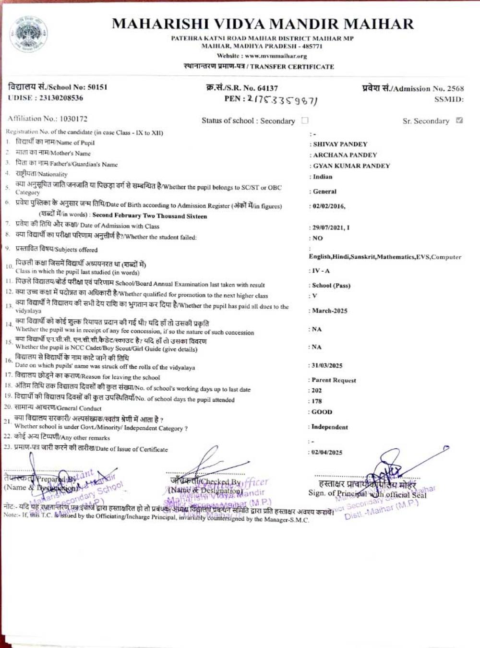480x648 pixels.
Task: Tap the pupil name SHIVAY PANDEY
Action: pos(340,144)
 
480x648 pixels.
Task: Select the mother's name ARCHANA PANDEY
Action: pos(345,155)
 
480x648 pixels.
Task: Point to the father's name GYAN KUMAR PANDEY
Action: pos(351,166)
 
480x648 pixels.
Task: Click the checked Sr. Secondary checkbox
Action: pos(459,120)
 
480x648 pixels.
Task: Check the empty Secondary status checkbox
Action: pos(305,120)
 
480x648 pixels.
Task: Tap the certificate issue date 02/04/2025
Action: pos(327,452)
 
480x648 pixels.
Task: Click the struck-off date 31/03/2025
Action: pos(327,366)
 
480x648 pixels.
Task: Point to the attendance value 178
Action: pos(317,401)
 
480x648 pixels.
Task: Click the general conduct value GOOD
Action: pos(322,412)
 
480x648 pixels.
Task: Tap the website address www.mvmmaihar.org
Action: pos(276,56)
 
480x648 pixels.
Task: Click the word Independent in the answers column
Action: pos(330,427)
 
